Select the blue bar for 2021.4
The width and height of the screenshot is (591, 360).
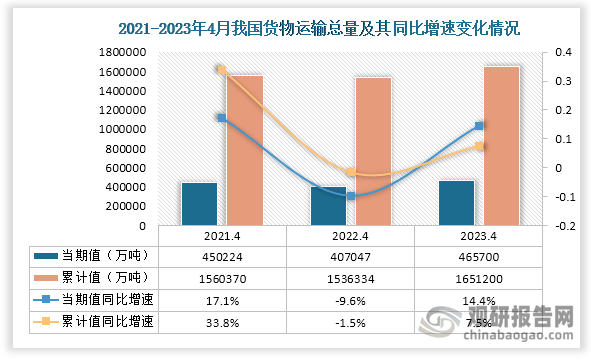coord(199,204)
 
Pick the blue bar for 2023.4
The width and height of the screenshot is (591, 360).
coord(456,203)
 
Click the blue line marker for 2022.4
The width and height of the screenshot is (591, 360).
coord(350,196)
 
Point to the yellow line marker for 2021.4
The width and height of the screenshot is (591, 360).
coord(221,70)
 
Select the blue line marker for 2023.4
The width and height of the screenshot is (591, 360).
coord(479,126)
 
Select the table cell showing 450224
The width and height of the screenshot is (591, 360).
coord(222,256)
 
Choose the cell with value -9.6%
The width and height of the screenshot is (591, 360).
coord(350,299)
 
